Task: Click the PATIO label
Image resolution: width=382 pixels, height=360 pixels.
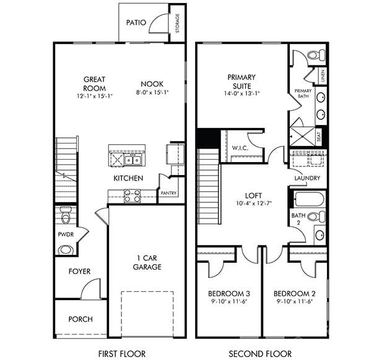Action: (136, 23)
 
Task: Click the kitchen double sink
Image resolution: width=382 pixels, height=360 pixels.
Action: (131, 160)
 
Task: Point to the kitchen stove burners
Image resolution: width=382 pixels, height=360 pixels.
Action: (132, 196)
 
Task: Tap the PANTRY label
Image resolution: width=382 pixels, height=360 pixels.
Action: (168, 193)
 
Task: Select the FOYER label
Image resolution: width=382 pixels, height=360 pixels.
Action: (79, 271)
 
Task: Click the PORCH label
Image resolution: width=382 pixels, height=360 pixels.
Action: (80, 319)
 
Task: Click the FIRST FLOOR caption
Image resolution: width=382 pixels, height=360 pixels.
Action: (122, 354)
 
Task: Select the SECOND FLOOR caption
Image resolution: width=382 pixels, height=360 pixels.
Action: (261, 354)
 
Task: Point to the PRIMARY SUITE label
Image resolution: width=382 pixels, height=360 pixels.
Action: (241, 82)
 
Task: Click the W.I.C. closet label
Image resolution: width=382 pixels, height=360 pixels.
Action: (240, 147)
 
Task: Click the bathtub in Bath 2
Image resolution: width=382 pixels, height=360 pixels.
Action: (308, 199)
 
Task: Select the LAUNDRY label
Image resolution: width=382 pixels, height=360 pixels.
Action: (307, 178)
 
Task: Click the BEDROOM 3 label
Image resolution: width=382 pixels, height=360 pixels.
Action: (229, 293)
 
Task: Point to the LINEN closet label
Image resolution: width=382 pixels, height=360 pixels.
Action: (323, 77)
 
